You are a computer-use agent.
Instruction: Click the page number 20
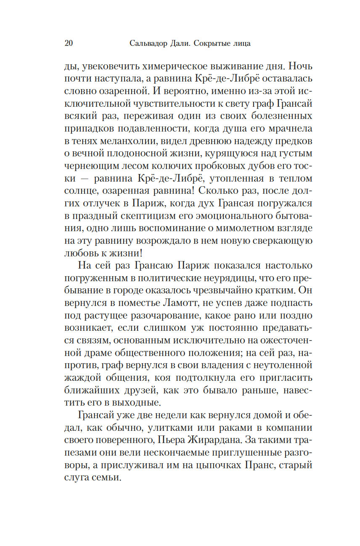coord(69,43)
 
